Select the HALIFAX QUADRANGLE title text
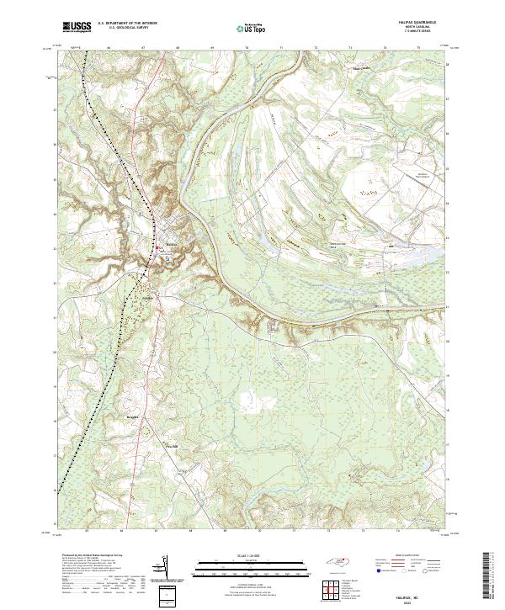click(419, 23)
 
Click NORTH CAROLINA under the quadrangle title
click(419, 28)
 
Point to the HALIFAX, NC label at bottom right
click(419, 595)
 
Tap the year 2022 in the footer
click(419, 601)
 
